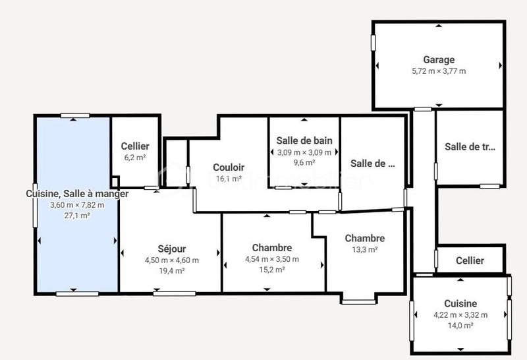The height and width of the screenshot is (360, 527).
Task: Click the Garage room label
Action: [x=439, y=60]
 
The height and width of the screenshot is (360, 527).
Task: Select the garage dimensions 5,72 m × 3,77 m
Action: [x=439, y=71]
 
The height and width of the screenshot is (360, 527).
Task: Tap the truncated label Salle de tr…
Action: [x=469, y=147]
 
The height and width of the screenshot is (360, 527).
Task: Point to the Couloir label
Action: [x=229, y=167]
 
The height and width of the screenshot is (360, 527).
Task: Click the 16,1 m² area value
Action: [x=229, y=179]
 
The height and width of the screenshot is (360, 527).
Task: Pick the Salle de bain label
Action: [x=304, y=140]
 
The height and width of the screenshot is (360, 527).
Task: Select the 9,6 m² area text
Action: [x=304, y=163]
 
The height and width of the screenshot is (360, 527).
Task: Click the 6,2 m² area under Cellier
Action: [x=135, y=158]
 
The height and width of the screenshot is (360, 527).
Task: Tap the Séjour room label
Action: [x=171, y=249]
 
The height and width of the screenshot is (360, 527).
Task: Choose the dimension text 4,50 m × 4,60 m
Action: [x=171, y=260]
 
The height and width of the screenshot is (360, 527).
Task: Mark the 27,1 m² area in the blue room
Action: [x=76, y=216]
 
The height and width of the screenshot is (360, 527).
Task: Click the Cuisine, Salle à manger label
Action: [x=76, y=194]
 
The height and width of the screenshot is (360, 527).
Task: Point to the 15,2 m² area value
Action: [x=271, y=270]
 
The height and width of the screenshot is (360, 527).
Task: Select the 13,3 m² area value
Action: [x=364, y=250]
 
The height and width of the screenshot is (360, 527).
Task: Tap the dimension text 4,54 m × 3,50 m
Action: [x=271, y=259]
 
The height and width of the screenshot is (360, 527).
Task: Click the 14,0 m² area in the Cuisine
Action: [x=460, y=326]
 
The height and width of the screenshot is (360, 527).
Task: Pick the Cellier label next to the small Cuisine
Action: [x=470, y=260]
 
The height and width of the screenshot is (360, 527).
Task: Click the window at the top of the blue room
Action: [x=75, y=116]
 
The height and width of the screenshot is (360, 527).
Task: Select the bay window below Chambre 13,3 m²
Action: [x=359, y=301]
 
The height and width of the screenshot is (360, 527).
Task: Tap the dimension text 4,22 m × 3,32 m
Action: [x=460, y=315]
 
